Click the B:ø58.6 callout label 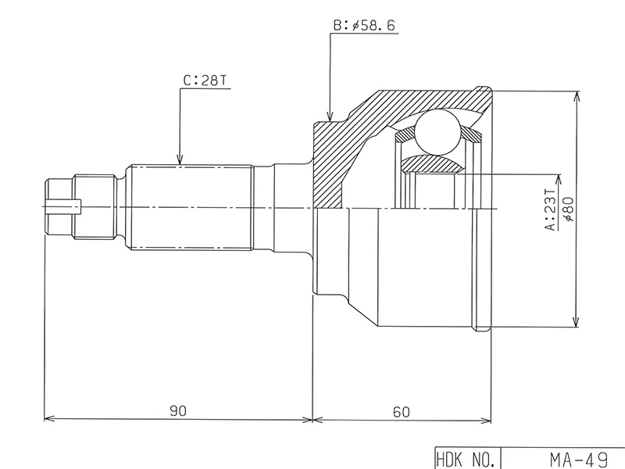364,26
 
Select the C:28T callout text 205,80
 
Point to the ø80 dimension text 568,209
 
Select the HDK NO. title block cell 466,458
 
